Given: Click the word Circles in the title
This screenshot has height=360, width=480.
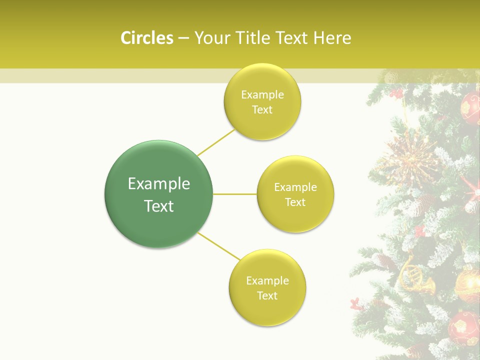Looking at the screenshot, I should coord(147,38).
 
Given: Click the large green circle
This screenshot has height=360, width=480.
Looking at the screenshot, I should coord(159,194).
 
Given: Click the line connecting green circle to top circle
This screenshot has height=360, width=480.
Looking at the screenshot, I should coord(216,142).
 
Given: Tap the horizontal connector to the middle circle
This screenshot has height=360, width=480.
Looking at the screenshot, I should coord(235,194).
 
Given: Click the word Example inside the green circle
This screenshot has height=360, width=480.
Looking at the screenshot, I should coord(159,183).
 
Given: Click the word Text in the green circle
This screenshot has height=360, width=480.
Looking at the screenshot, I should coord(159,206).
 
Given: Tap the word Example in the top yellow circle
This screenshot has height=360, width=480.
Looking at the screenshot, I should coord(262,95).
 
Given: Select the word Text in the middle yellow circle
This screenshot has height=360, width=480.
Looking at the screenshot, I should coord(295,202).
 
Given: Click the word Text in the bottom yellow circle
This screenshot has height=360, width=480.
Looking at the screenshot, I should coord(267,295).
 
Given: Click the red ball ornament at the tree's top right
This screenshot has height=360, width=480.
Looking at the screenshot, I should coord(470,107).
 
